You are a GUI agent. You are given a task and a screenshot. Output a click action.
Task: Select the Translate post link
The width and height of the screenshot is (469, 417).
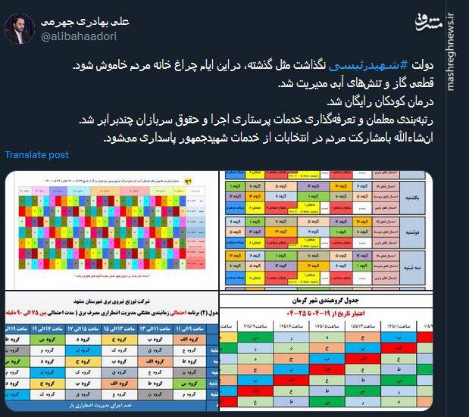click(x=36, y=154)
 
